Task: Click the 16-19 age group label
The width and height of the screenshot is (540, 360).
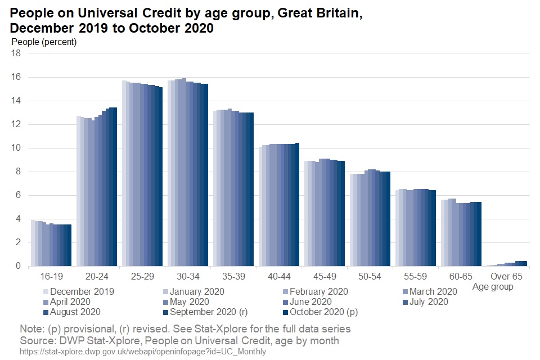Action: [51, 276]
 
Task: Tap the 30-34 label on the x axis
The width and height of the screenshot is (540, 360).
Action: [188, 276]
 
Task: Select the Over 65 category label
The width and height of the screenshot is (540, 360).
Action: [506, 276]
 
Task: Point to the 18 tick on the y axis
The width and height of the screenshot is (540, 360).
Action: [16, 53]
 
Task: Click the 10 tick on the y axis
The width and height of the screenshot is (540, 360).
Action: [16, 148]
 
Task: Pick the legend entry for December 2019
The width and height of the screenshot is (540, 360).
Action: [82, 291]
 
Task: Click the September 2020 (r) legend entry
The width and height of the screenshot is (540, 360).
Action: [209, 312]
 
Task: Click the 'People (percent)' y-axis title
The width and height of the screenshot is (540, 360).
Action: [44, 42]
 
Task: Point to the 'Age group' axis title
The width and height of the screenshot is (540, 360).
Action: [493, 287]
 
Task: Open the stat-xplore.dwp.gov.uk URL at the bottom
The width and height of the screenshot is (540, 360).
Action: [142, 352]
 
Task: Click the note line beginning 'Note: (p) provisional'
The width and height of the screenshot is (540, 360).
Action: [185, 328]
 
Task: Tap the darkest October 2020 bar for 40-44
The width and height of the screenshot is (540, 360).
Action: [297, 205]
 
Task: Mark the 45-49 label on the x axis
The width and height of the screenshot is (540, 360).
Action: [325, 276]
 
